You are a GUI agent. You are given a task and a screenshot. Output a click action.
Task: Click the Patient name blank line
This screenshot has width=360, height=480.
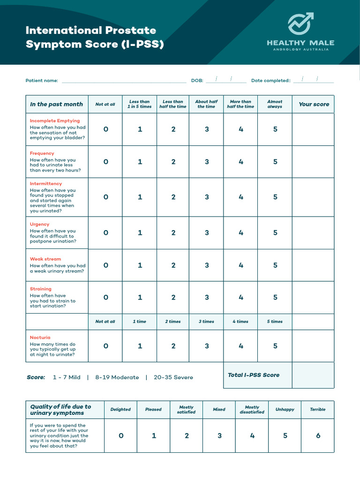tap(124, 81)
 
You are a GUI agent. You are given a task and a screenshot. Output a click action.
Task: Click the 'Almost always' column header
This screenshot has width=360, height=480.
tap(275, 104)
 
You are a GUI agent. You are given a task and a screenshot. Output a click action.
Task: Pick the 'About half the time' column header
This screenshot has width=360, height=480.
tap(206, 104)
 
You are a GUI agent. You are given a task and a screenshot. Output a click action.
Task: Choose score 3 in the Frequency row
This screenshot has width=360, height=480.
tap(207, 162)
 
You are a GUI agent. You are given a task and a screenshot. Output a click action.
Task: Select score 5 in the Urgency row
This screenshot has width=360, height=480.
tap(275, 232)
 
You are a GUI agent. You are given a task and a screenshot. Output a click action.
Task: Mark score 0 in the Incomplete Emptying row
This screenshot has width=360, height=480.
tap(105, 129)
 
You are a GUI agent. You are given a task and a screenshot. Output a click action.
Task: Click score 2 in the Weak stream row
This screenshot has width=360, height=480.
tap(173, 265)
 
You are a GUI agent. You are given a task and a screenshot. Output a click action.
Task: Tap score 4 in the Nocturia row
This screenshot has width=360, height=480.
tap(241, 346)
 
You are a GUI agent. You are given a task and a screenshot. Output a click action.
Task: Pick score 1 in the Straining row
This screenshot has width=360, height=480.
tap(140, 297)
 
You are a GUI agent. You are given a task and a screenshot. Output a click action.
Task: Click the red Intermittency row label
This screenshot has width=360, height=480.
tap(46, 184)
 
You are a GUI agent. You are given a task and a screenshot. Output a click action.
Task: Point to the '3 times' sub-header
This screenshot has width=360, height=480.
tap(207, 322)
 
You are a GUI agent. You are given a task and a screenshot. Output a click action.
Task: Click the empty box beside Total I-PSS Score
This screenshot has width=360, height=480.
tap(313, 375)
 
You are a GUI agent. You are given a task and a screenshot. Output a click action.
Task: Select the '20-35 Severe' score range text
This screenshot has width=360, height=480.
tap(173, 377)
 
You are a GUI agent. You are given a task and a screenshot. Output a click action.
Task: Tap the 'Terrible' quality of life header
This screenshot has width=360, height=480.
tap(317, 409)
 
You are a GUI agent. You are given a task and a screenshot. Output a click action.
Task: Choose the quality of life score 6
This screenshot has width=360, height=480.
tap(318, 435)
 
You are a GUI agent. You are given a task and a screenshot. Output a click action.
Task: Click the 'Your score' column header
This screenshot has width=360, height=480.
tap(314, 104)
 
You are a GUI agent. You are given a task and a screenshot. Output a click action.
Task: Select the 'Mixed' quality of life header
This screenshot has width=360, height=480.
tap(219, 409)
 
